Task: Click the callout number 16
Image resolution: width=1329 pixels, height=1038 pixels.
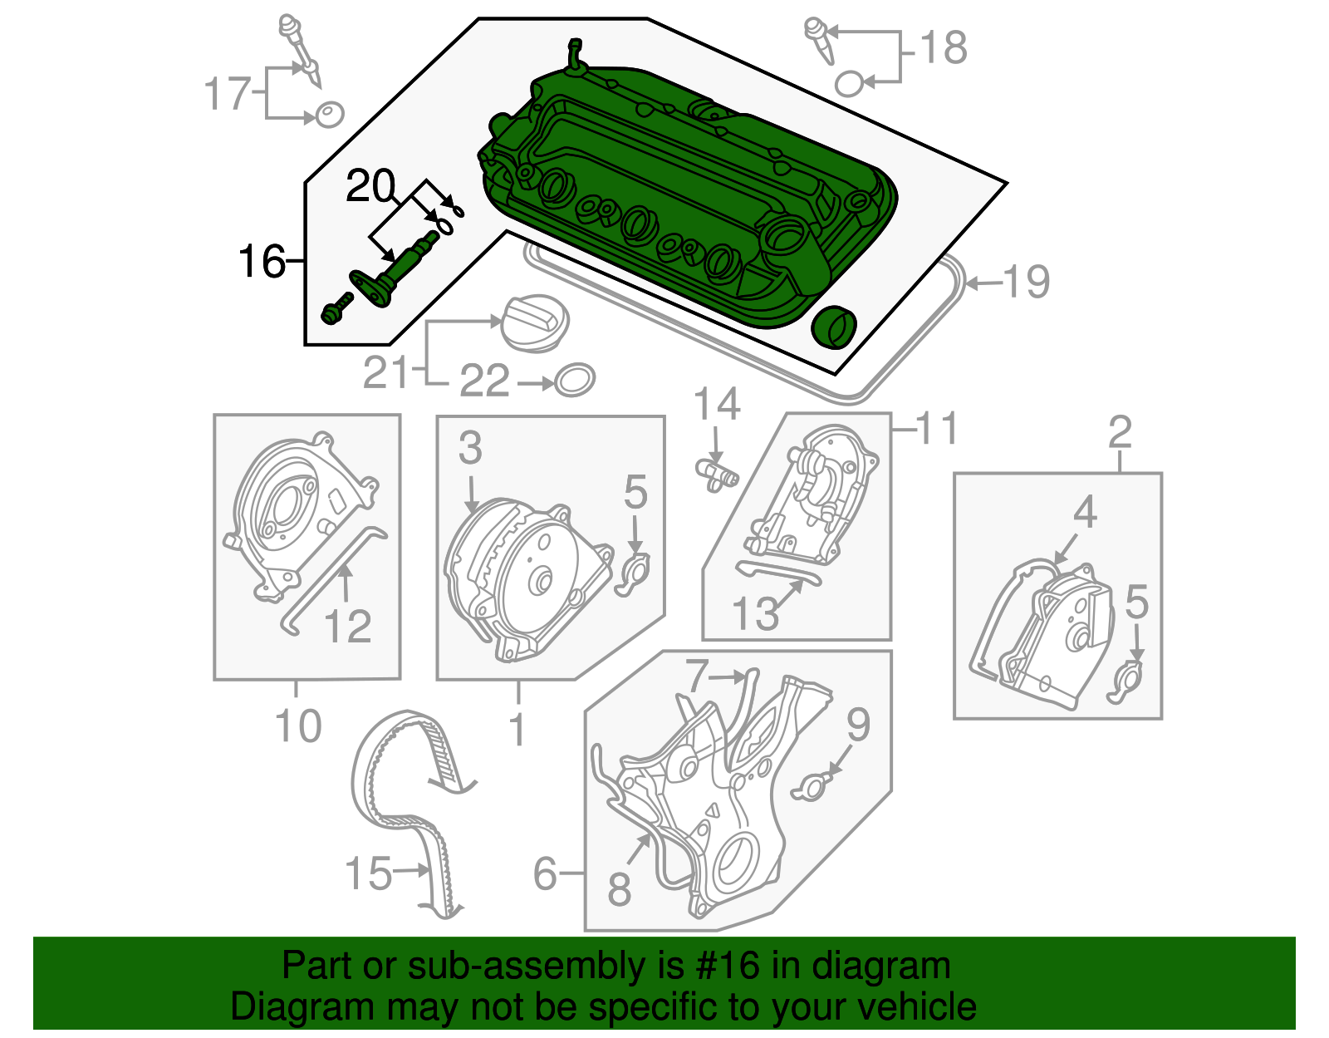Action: (262, 262)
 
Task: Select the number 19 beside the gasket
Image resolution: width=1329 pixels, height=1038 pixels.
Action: (1027, 283)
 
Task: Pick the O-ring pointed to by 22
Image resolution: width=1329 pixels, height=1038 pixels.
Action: (574, 381)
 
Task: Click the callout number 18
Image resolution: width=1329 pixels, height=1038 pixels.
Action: (944, 47)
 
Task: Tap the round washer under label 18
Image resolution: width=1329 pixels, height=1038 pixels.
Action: (850, 83)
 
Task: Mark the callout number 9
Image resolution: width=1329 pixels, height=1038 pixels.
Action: (857, 725)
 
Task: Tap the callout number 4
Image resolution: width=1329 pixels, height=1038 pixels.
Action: (1085, 512)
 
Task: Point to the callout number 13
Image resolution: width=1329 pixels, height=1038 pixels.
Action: (755, 613)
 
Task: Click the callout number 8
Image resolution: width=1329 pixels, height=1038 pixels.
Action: (620, 888)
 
